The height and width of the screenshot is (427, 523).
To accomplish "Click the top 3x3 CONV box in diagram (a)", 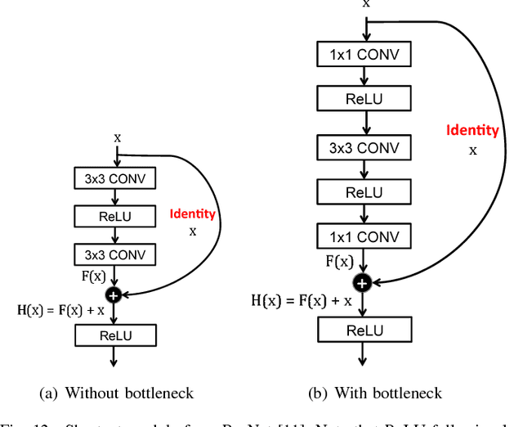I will pos(115,178).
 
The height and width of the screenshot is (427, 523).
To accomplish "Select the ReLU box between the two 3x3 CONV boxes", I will pos(115,216).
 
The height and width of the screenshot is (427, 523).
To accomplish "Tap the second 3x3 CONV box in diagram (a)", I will pos(115,254).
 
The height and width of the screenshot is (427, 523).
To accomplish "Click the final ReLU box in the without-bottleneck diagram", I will pos(115,335).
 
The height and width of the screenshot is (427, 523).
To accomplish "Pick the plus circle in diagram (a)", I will pos(115,292).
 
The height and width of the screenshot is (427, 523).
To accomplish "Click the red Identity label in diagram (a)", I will pos(193,214).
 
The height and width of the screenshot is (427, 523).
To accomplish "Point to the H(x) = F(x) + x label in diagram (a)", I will pos(60,310).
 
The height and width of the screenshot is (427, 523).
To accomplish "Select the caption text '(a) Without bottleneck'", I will pos(116,393).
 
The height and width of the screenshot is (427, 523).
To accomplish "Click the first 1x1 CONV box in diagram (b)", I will pos(364,55).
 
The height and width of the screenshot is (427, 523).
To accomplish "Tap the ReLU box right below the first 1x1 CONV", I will pos(364,101).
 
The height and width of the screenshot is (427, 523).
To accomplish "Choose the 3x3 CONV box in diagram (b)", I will pos(364,148).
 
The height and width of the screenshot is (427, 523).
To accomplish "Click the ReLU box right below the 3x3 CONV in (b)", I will pos(364,193).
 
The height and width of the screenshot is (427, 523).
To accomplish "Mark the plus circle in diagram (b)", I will pos(362,282).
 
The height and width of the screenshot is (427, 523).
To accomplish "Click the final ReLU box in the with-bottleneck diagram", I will pos(364,330).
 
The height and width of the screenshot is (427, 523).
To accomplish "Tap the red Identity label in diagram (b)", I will pos(472,129).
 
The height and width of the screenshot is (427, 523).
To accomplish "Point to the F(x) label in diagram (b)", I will pos(340,263).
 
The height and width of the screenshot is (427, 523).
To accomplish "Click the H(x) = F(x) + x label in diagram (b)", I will pos(302,300).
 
